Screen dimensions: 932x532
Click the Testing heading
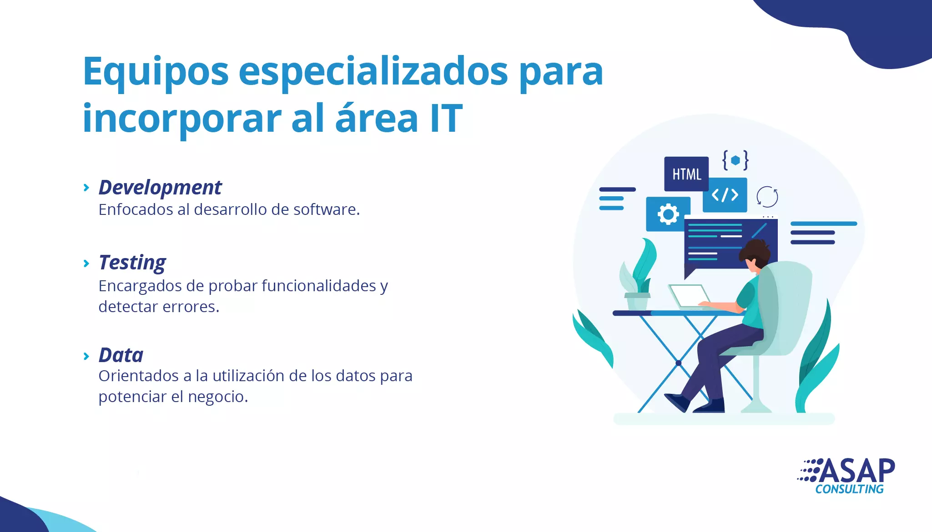132,263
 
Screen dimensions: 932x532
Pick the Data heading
121,355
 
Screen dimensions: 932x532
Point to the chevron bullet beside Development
86,188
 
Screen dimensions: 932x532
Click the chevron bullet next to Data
86,356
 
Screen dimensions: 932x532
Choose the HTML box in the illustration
686,174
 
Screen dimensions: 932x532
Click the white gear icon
668,214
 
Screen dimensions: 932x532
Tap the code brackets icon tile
725,195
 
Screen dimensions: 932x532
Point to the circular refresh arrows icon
767,197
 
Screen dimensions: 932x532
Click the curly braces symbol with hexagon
735,160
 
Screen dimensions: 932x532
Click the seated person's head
755,255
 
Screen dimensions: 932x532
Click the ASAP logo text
856,471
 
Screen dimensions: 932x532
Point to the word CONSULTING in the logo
849,489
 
